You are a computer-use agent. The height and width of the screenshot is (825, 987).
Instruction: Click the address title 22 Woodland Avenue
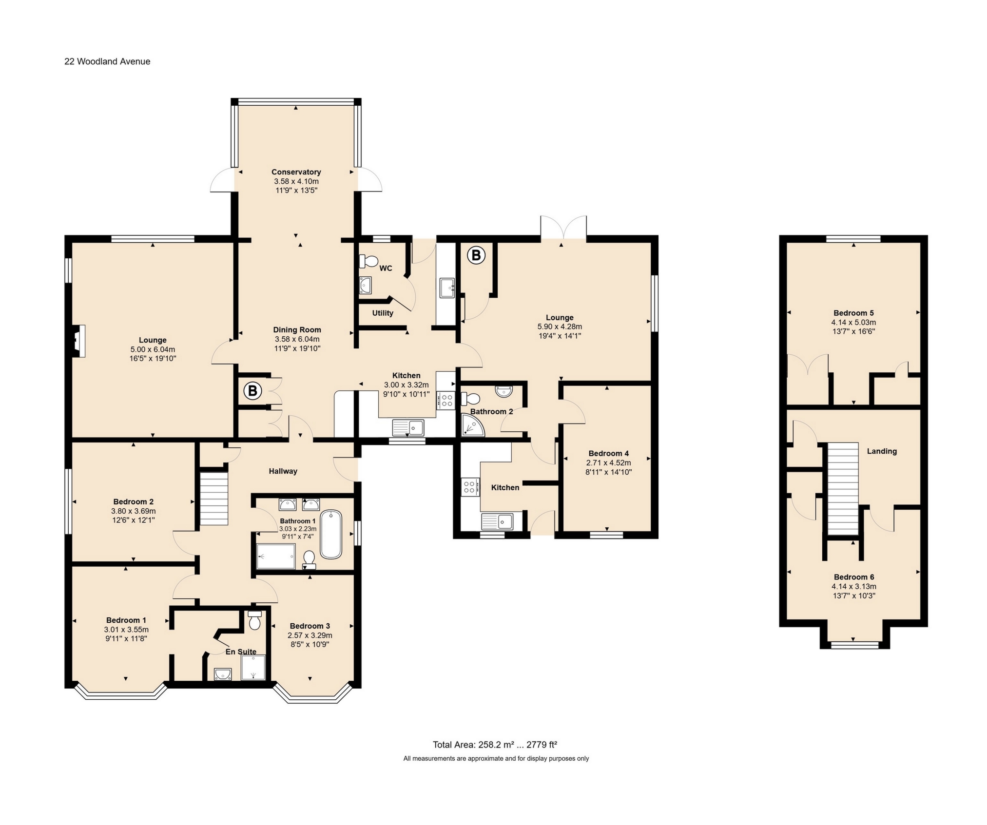[x=107, y=61]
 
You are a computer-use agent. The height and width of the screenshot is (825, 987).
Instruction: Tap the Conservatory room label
[x=296, y=172]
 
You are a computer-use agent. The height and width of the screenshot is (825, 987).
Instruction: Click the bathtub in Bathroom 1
[x=331, y=534]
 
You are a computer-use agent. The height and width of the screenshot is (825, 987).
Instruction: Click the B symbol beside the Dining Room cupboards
[x=252, y=391]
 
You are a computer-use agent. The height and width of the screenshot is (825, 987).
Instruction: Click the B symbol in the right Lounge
[x=476, y=255]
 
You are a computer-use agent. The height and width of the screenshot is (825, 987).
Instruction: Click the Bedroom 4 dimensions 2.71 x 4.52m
[x=609, y=462]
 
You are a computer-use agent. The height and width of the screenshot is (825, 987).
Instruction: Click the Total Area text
[x=495, y=745]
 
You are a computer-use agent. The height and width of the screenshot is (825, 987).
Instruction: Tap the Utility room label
[x=383, y=313]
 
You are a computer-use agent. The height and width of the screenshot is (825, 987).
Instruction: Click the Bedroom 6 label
[x=853, y=577]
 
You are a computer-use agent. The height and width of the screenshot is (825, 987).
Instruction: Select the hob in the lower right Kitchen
[x=470, y=486]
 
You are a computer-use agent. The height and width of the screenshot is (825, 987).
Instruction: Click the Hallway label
[x=283, y=471]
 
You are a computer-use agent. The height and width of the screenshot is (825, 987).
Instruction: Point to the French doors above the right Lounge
[x=563, y=228]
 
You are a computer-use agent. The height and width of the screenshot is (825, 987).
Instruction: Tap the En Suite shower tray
[x=253, y=667]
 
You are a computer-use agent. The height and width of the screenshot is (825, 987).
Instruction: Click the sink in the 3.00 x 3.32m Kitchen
[x=408, y=428]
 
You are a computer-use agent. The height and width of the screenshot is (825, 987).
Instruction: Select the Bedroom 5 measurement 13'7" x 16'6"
[x=853, y=331]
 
